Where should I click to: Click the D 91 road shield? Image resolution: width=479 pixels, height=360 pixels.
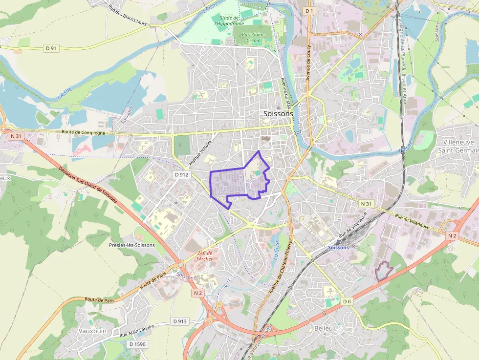coord(51,48)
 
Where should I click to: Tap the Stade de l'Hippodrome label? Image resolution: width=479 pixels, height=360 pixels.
coord(229,20)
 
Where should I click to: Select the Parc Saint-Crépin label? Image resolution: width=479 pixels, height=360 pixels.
coord(253,38)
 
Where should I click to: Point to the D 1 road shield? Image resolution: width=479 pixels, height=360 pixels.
coord(308,10)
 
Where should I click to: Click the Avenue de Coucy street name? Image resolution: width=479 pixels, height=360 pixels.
coord(308,63)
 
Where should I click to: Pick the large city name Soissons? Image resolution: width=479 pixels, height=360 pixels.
coord(278,113)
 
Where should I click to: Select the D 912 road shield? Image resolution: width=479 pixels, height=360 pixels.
coord(181,174)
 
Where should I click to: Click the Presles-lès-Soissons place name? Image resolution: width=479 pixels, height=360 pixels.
coord(132,245)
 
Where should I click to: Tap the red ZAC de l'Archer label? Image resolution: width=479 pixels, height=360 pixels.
coord(204,255)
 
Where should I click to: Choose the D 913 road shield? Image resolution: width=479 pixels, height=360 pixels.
coord(180,321)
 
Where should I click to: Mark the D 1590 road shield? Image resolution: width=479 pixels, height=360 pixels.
coord(137,344)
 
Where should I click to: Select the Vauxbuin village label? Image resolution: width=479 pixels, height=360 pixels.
coord(92,331)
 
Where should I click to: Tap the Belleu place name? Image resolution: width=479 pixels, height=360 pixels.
coord(324,328)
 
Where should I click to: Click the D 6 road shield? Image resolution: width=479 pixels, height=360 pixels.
coord(347,301)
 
